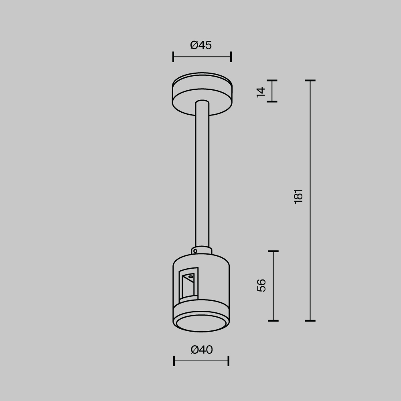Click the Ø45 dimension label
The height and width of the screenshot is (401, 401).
201,45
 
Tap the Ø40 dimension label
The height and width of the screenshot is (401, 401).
202,350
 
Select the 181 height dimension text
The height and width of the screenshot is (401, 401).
298,196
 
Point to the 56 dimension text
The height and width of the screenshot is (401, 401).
261,285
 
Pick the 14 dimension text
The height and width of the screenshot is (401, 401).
261,91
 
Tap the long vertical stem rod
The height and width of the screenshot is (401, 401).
202,176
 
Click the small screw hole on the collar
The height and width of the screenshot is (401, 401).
195,251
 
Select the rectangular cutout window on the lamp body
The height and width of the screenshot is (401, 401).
188,285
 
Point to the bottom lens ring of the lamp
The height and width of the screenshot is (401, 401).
201,323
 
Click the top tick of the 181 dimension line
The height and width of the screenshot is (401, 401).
310,81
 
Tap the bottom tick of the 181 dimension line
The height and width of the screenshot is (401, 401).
310,320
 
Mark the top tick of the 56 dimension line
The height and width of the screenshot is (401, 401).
273,251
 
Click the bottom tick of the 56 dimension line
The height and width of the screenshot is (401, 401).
273,320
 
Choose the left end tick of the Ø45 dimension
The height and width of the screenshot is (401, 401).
173,57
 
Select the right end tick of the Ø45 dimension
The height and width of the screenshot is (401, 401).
231,57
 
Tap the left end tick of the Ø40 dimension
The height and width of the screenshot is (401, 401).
174,361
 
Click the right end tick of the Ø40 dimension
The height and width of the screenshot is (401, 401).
228,361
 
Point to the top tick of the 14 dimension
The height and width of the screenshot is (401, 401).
272,81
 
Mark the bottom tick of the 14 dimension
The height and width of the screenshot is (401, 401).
272,101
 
